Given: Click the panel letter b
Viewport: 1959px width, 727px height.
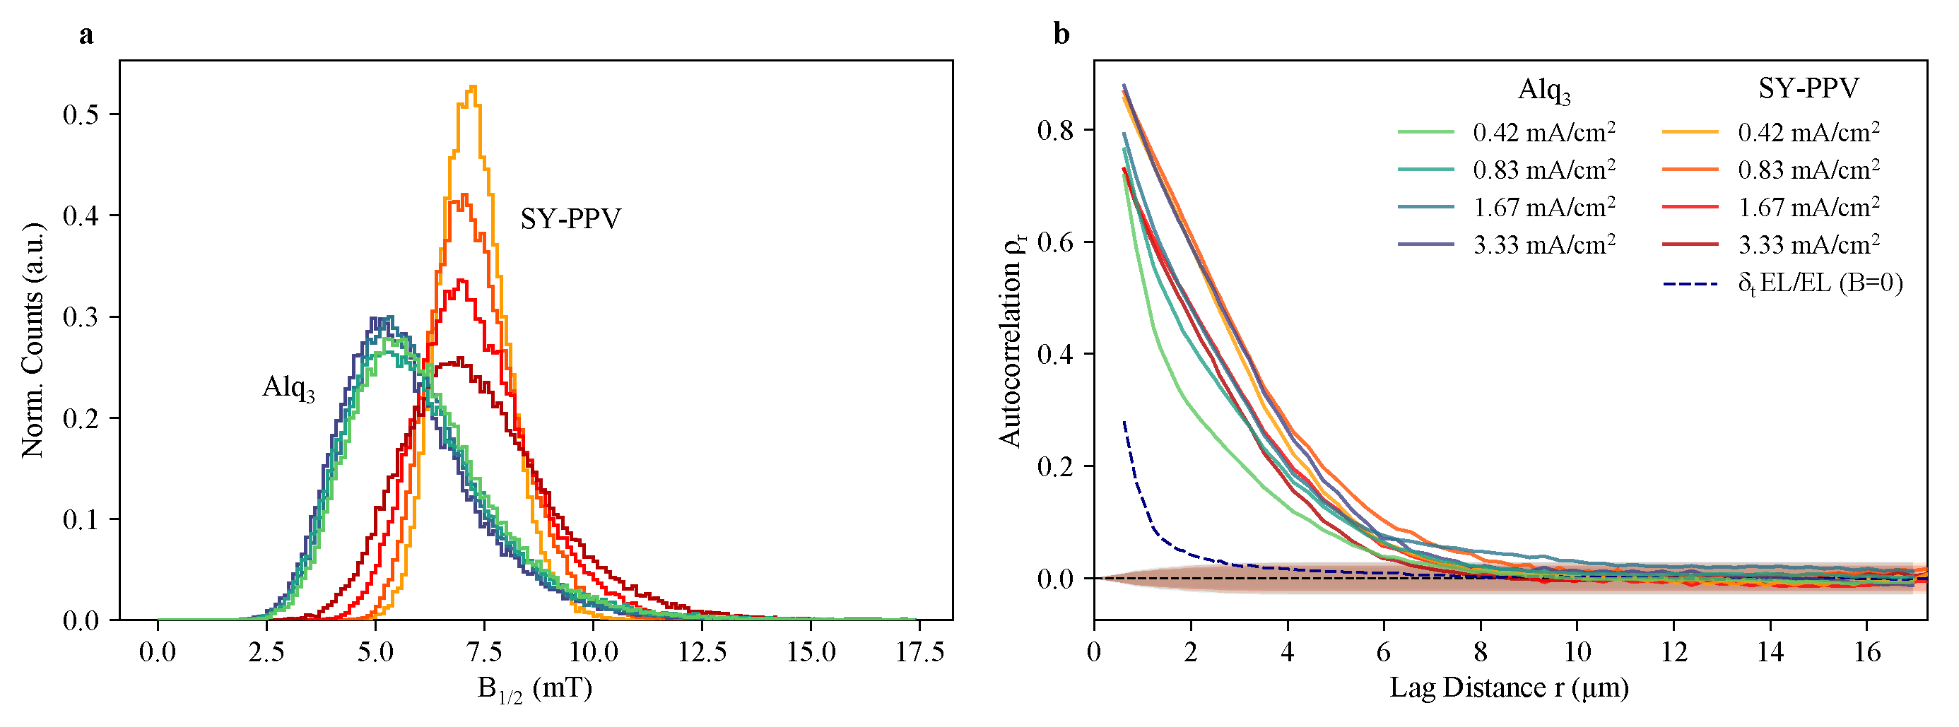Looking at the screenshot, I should [1061, 34].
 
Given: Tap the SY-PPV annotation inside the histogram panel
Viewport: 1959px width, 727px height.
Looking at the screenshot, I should [570, 219].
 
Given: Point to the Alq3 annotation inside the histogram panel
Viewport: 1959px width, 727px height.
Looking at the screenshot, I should [288, 387].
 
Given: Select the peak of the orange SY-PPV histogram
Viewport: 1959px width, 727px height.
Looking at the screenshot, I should [473, 87].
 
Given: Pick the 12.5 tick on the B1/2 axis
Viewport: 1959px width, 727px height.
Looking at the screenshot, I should [702, 651].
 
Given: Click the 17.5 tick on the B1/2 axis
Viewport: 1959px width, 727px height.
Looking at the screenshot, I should [919, 651].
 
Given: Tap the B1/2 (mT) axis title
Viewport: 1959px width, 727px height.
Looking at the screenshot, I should [534, 689].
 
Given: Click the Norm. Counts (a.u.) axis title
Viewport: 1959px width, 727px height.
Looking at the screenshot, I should [33, 340].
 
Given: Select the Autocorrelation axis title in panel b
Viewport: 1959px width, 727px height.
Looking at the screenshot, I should [1011, 340].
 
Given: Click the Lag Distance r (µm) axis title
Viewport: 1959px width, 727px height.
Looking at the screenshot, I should [1509, 687].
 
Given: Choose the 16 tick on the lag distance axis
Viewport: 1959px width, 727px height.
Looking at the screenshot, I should [1867, 651].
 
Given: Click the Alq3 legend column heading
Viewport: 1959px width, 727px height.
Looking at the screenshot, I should [1543, 90].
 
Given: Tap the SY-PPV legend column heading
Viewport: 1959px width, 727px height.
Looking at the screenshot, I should [1808, 88].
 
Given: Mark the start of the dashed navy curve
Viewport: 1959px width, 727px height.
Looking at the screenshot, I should [1124, 421].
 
